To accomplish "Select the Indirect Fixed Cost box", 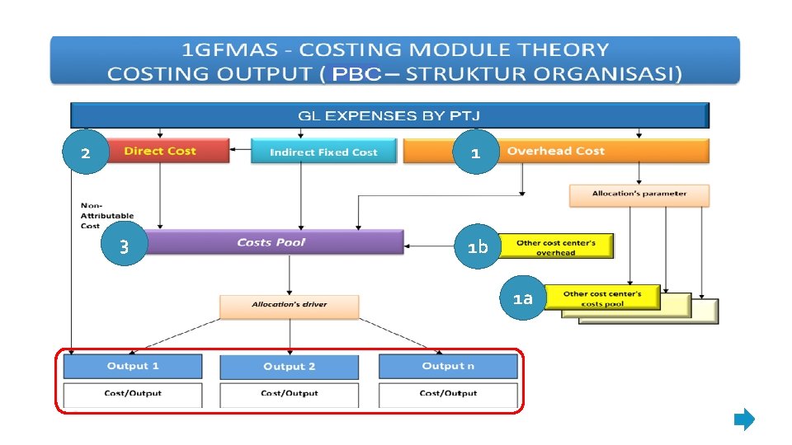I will [323, 152].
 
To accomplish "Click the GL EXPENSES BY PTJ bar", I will [389, 115].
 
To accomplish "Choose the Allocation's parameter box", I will [639, 194].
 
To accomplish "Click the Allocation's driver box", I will [289, 305].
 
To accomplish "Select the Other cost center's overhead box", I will [555, 246].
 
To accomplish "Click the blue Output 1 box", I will [133, 366].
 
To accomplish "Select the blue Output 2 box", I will [289, 367].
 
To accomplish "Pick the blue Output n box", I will [448, 366].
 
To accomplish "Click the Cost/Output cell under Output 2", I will [289, 393].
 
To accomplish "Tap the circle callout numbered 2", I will [85, 153].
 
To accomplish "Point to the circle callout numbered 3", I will [124, 246].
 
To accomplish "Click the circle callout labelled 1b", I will [477, 246].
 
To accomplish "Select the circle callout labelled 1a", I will [522, 298].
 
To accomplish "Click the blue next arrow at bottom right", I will [744, 420].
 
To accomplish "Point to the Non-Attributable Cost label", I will [101, 215].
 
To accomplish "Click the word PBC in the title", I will [356, 74].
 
